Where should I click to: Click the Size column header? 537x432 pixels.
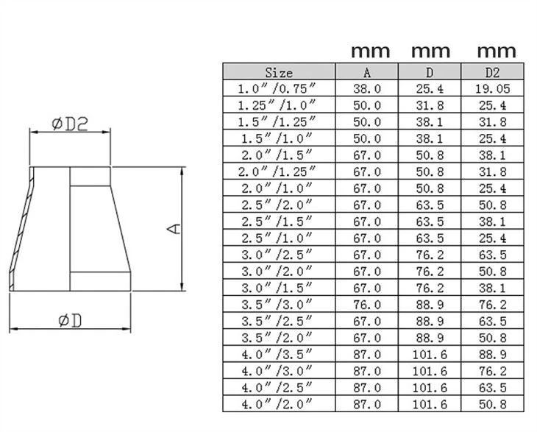(279, 72)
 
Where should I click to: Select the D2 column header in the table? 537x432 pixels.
(492, 72)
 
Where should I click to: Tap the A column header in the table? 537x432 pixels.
(367, 72)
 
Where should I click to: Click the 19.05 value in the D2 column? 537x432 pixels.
(492, 89)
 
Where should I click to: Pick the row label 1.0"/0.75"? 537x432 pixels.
(277, 89)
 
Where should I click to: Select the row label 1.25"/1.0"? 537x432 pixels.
(277, 105)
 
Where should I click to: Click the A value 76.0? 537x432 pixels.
(367, 305)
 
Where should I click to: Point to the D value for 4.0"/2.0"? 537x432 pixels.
(430, 404)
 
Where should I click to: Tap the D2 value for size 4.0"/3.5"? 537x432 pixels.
(492, 355)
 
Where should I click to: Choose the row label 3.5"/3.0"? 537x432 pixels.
(277, 305)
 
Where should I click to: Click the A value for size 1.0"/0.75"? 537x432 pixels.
(367, 89)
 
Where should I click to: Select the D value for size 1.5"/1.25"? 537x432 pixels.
(430, 122)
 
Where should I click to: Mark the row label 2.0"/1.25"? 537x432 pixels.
(277, 171)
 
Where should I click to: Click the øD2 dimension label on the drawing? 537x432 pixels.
(70, 124)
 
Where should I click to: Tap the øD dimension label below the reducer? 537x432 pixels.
(70, 321)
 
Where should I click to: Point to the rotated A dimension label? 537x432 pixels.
(174, 229)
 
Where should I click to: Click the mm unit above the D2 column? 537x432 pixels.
(497, 52)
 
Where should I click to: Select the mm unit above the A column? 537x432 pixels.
(370, 52)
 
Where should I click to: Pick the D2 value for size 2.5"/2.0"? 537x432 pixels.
(492, 205)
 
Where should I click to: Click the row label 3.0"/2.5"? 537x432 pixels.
(277, 255)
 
